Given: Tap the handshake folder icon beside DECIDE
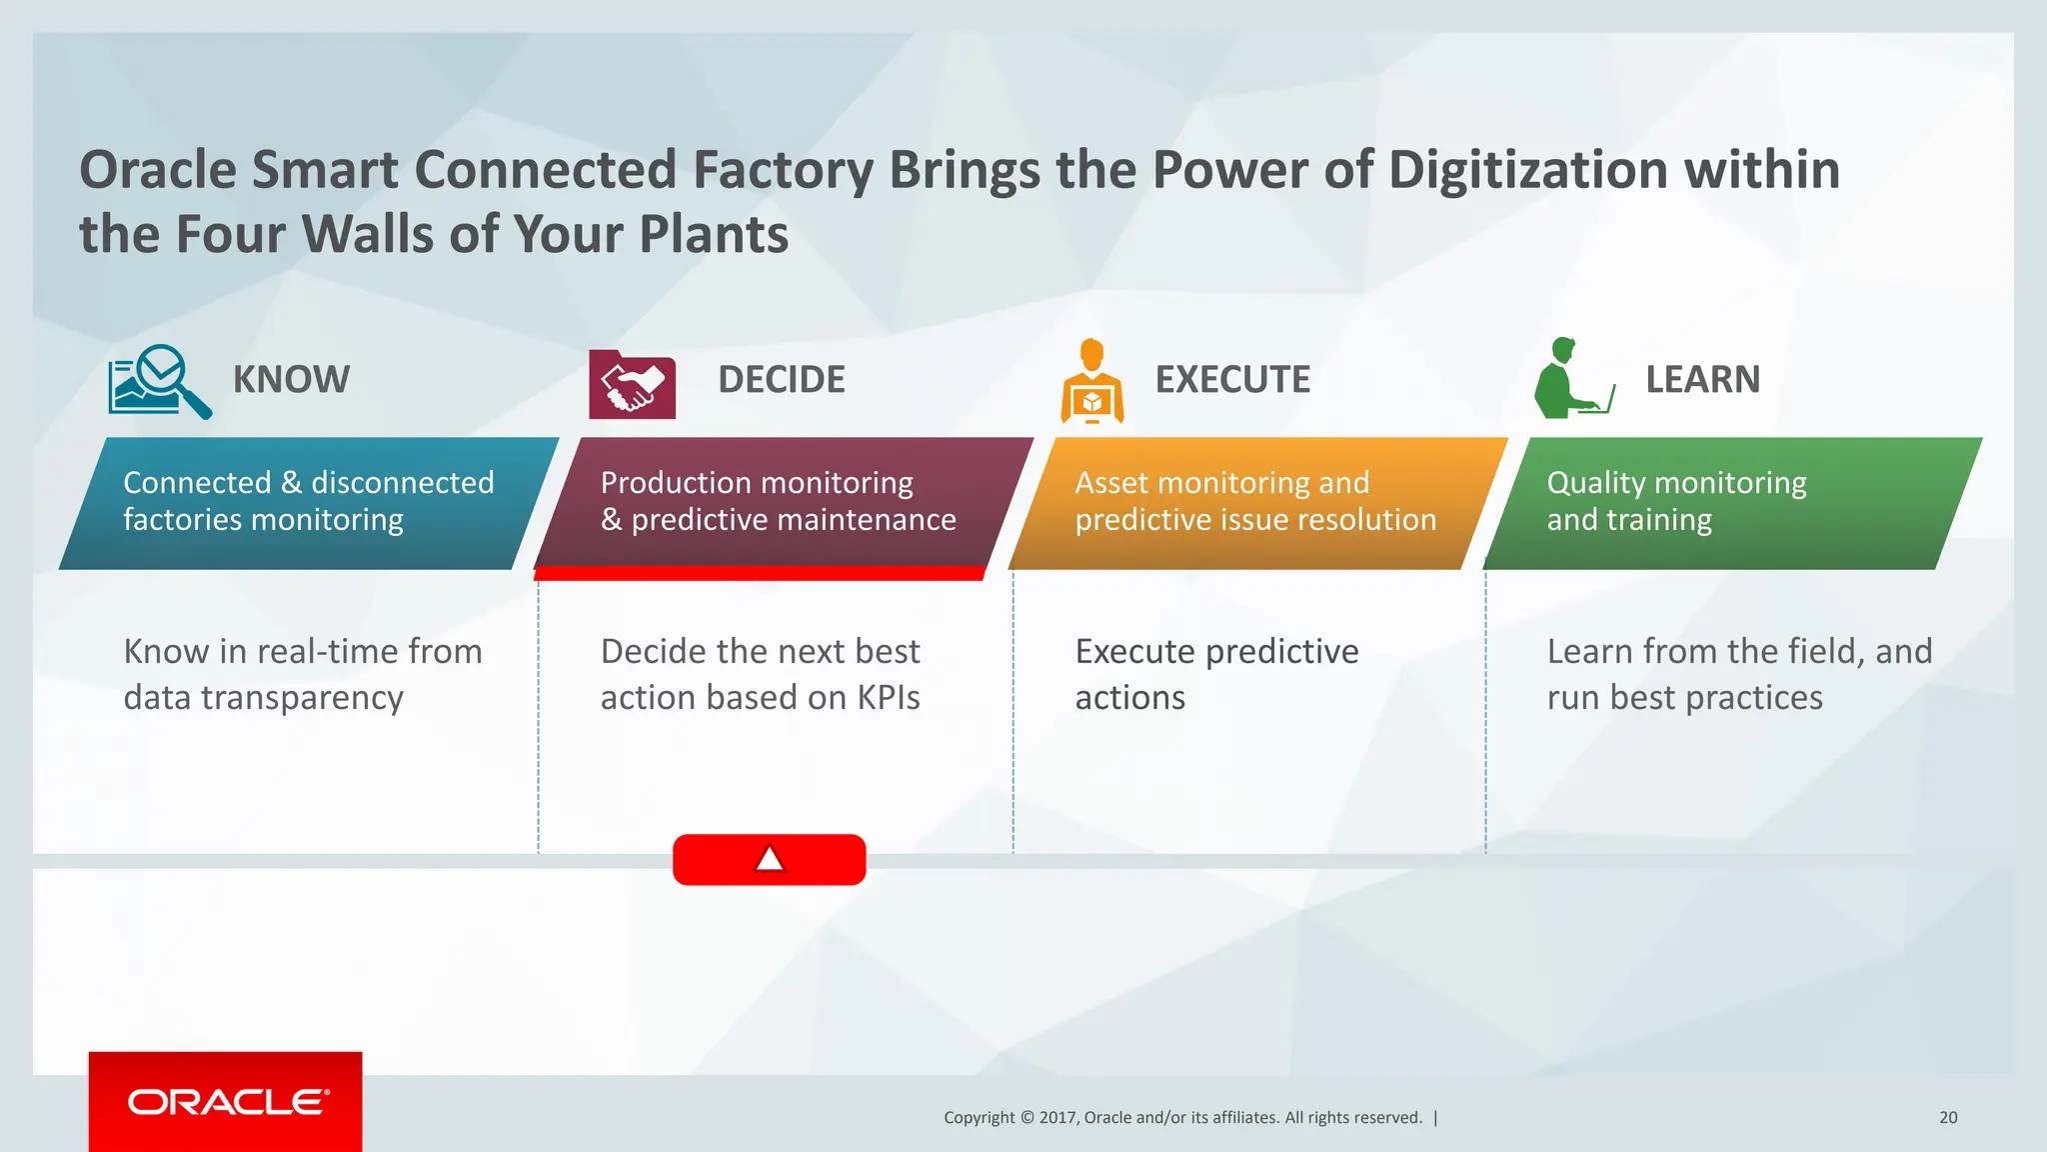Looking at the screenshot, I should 632,384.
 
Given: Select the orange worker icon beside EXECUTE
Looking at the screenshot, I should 1091,382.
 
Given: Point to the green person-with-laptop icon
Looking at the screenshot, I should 1572,379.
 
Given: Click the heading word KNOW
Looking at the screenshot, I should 291,380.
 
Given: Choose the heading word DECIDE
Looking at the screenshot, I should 781,380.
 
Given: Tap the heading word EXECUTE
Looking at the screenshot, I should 1231,380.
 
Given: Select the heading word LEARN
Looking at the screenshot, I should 1702,380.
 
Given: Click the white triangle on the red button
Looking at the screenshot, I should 769,859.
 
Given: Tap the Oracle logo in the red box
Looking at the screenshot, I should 227,1102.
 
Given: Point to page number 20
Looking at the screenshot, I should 1948,1118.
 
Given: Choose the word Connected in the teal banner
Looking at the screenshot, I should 197,483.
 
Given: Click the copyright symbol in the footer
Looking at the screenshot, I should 1026,1118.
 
